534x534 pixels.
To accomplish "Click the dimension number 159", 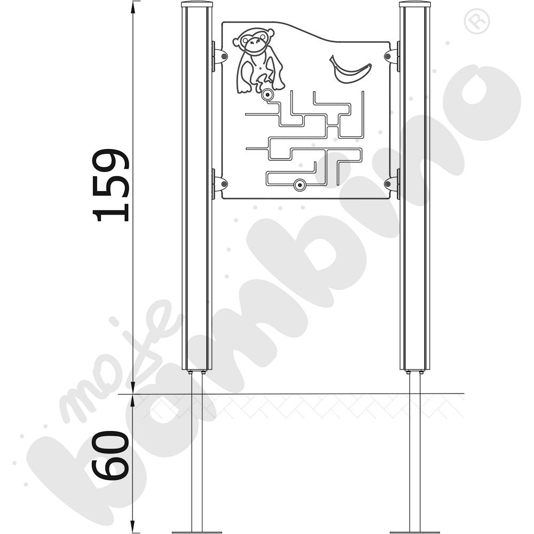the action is coord(111,185).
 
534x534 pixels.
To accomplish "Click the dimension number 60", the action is coord(111,456).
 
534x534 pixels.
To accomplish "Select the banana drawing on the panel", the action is coord(350,69).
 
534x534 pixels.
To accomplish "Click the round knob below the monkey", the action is coord(268,95).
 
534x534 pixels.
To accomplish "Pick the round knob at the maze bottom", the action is coord(300,185).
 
